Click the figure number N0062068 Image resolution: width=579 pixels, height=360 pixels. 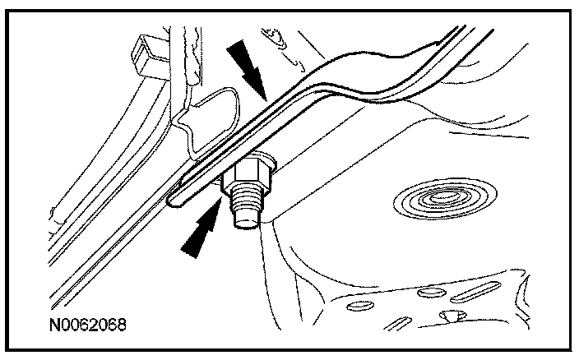pyautogui.click(x=87, y=325)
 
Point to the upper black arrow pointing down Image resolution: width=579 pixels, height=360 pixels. pyautogui.click(x=246, y=69)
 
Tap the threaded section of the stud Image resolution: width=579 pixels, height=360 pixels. pyautogui.click(x=246, y=202)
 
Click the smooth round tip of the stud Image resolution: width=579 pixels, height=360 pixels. pyautogui.click(x=247, y=221)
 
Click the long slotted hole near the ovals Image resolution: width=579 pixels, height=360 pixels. pyautogui.click(x=475, y=291)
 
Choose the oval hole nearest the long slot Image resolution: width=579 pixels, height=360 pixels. pyautogui.click(x=431, y=293)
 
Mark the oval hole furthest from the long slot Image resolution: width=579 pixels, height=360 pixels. pyautogui.click(x=360, y=306)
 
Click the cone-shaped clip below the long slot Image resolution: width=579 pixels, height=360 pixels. pyautogui.click(x=452, y=316)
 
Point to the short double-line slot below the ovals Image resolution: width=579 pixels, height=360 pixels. pyautogui.click(x=397, y=324)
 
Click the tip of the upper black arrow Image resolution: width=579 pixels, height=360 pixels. pyautogui.click(x=266, y=100)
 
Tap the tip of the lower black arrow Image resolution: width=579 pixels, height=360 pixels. pyautogui.click(x=221, y=197)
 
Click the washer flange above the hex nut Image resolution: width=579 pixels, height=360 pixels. pyautogui.click(x=258, y=158)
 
